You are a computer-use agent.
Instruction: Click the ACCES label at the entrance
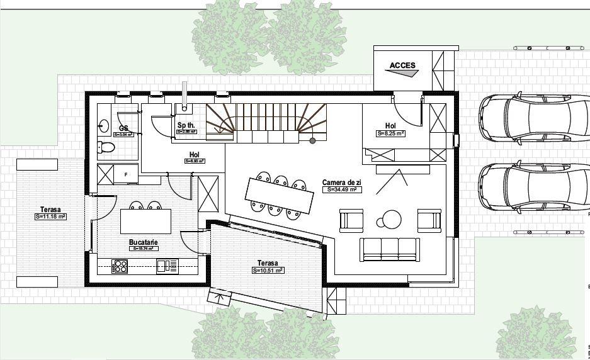click(402, 65)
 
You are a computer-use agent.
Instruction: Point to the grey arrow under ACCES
click(403, 73)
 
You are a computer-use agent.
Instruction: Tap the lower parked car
click(533, 188)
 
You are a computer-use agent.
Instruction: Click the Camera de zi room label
click(341, 182)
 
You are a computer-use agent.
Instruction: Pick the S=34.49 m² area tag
click(341, 189)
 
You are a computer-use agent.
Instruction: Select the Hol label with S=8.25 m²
click(390, 126)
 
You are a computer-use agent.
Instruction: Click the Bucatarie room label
click(144, 242)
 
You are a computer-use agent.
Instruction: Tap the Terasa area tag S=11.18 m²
click(50, 217)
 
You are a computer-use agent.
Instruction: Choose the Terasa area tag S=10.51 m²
click(268, 271)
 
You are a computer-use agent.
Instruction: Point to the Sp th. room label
click(186, 125)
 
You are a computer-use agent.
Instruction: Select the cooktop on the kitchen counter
click(120, 266)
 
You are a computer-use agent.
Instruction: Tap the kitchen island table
click(145, 221)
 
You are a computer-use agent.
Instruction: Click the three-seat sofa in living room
click(389, 249)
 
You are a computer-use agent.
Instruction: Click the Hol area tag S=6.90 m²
click(195, 161)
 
